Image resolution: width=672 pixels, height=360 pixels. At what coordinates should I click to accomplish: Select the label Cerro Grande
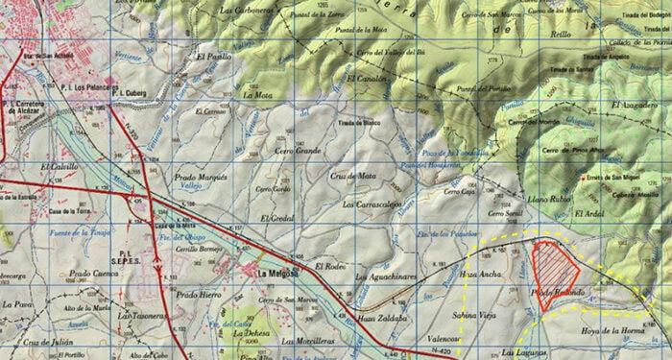tap(299, 152)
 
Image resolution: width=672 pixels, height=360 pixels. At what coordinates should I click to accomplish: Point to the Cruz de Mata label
tap(352, 177)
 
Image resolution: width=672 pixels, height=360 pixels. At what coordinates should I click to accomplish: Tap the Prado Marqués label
tap(201, 178)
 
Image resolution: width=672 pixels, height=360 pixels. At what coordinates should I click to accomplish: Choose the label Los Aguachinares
tap(387, 277)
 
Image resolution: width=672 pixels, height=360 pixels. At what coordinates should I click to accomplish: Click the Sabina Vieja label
tap(474, 315)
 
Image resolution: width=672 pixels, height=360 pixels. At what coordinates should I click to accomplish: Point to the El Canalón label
tap(367, 78)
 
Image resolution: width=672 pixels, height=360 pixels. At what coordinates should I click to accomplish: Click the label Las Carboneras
tap(249, 11)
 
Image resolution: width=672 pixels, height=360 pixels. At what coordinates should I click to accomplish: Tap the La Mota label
tap(258, 95)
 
